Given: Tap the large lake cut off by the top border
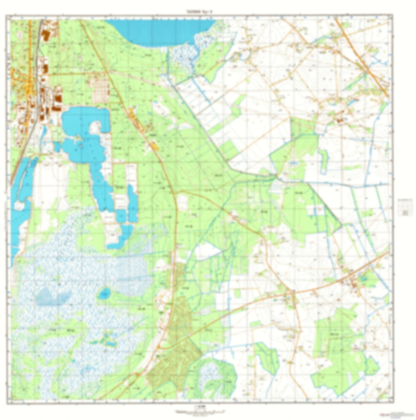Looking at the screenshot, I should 161,32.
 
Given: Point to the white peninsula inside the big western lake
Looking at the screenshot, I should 96,128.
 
